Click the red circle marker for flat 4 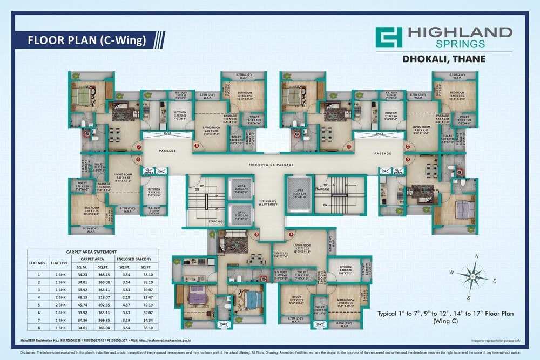pos(292,234)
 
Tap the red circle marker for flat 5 pos(257,234)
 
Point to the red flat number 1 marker pos(349,146)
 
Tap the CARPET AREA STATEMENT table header pos(91,252)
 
